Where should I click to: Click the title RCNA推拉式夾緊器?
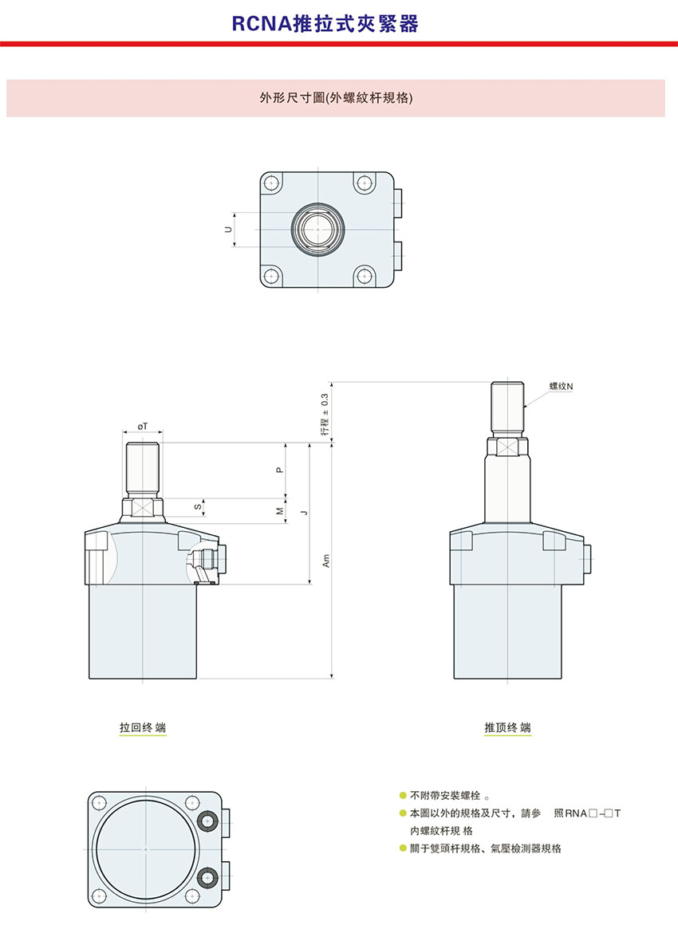(325, 24)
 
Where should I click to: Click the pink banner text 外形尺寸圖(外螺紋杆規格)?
(336, 98)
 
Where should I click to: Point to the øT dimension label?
(143, 426)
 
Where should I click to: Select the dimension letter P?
(280, 470)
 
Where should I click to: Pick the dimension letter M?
(280, 511)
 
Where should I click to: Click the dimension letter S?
(197, 507)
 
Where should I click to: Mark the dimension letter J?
(305, 513)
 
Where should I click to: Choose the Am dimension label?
(326, 561)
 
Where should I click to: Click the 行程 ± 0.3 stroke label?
(325, 414)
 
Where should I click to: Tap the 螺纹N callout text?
(562, 386)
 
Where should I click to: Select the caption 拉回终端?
(143, 727)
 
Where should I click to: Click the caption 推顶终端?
(508, 727)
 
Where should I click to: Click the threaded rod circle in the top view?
(318, 230)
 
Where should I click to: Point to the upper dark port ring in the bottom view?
(207, 821)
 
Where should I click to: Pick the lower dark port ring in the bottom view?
(207, 877)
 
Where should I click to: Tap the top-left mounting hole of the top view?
(272, 182)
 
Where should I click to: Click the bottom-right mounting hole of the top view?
(364, 275)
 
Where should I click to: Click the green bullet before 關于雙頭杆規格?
(403, 848)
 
